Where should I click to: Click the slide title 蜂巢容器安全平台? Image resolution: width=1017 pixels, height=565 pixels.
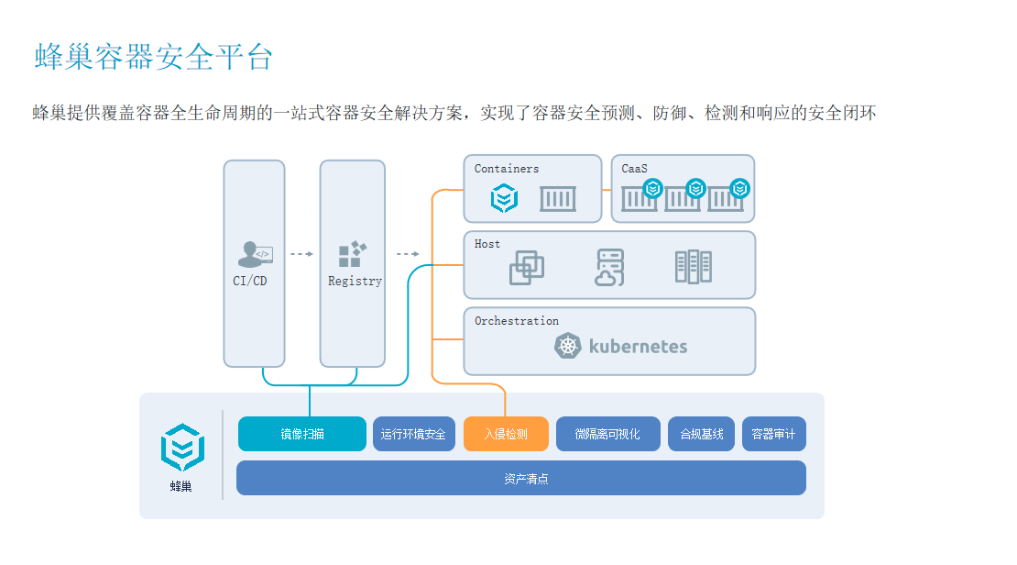(x=154, y=57)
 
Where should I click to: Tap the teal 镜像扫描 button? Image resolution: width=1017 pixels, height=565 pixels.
(x=302, y=434)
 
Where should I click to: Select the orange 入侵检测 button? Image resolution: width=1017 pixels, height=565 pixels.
(x=506, y=434)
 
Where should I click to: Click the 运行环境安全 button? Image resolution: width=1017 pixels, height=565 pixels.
(x=414, y=434)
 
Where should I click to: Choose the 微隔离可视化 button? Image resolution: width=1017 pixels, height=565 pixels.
(x=607, y=434)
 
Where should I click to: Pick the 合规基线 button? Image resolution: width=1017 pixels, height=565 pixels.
(x=701, y=434)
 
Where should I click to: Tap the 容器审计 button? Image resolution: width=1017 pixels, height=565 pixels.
(x=774, y=434)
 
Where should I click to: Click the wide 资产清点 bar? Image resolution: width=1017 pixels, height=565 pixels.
(x=521, y=478)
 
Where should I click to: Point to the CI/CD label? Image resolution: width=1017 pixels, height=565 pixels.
(x=250, y=282)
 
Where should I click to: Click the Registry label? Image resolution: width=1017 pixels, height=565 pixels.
(x=355, y=282)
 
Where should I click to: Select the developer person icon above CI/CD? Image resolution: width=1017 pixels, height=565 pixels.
(x=255, y=254)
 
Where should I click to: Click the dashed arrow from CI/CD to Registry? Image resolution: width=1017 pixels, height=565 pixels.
(x=301, y=254)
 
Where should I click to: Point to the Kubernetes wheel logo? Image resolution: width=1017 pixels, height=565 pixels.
(x=567, y=346)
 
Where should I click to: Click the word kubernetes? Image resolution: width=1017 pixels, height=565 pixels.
(x=639, y=346)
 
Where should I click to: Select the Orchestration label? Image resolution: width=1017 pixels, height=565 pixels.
(x=516, y=321)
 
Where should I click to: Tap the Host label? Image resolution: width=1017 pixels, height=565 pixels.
(x=487, y=244)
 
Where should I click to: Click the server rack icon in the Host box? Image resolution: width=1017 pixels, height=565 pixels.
(x=694, y=267)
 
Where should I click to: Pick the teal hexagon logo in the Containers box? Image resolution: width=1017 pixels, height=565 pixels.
(x=504, y=198)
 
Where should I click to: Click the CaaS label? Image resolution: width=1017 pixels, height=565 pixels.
(x=634, y=169)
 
